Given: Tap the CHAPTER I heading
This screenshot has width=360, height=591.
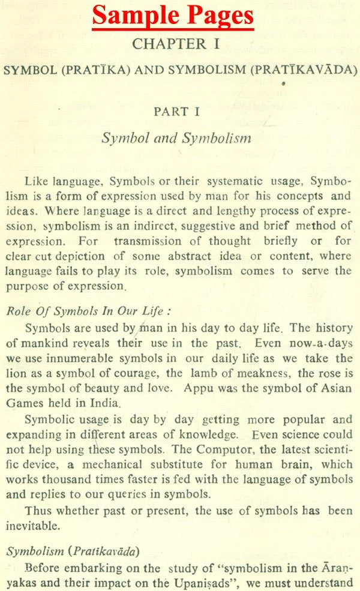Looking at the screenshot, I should pos(176,44).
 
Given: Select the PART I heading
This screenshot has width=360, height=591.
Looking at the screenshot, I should pos(176,111).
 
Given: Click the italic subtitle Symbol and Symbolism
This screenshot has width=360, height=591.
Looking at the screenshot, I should pos(176,137).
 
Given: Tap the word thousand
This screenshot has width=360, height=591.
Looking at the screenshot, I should pos(68,479).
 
